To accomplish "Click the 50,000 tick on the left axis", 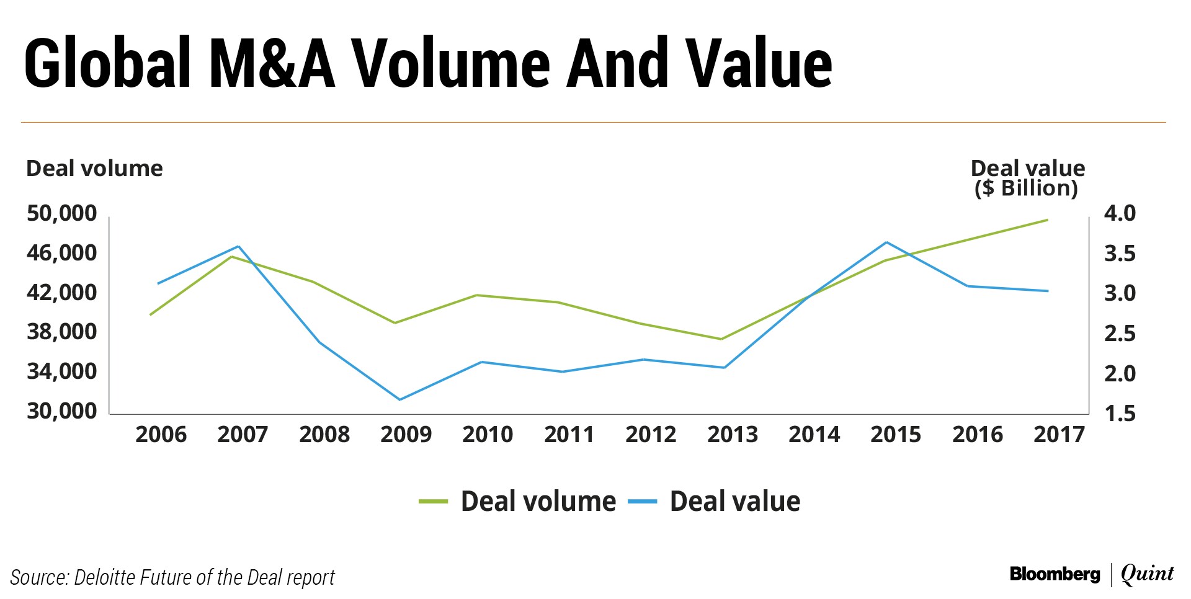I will click(62, 213).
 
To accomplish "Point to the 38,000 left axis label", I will click(62, 332).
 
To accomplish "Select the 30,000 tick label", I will click(62, 410).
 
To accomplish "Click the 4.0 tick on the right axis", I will click(1120, 213).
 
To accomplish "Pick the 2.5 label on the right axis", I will click(1120, 334).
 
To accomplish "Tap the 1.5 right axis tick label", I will click(1120, 413).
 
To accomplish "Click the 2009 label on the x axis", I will click(406, 434).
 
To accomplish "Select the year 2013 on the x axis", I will click(733, 434).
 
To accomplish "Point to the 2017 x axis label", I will click(1059, 434).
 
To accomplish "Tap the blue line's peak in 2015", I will click(886, 242).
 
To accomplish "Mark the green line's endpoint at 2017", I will click(1047, 220).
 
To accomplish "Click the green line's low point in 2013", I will click(721, 339).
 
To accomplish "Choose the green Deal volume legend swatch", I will click(433, 502).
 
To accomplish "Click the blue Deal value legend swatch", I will click(642, 502).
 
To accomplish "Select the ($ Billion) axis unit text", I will click(1027, 188).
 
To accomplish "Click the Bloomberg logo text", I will click(1055, 574).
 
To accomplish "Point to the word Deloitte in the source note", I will click(104, 577).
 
